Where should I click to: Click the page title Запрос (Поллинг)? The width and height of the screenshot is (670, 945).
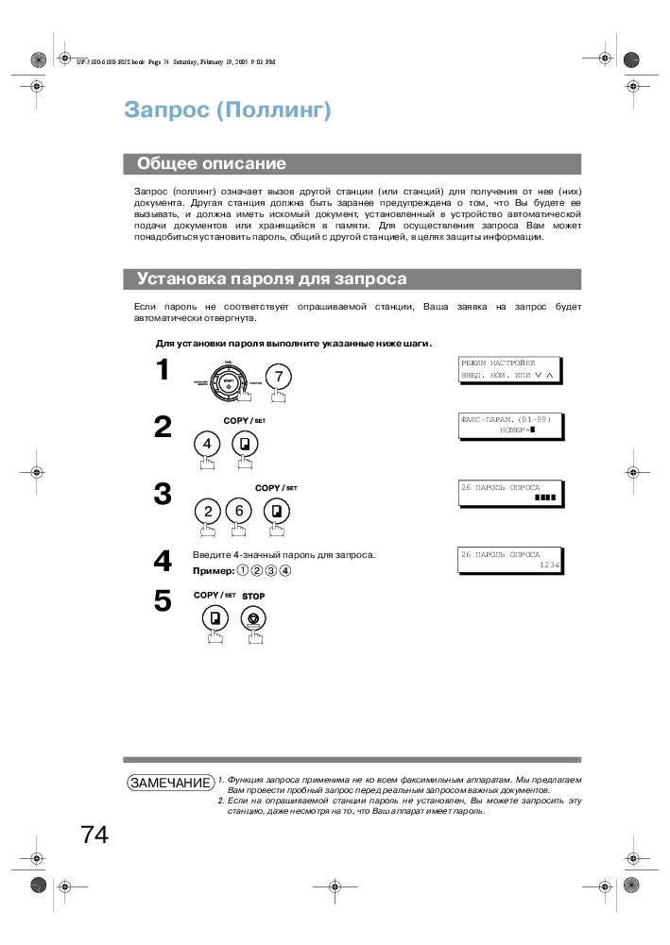[x=227, y=110]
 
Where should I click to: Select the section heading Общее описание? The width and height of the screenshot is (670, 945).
[x=212, y=163]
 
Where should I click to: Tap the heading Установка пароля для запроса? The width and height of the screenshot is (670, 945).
[x=272, y=278]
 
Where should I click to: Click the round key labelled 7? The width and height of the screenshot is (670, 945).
[x=278, y=376]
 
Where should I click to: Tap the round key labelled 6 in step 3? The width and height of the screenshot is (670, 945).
[x=239, y=511]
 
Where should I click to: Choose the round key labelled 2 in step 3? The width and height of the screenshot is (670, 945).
[x=207, y=511]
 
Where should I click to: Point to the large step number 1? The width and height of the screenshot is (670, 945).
[x=163, y=370]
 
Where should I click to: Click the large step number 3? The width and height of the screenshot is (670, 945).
[x=163, y=494]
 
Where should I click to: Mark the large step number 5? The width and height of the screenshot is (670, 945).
[x=163, y=601]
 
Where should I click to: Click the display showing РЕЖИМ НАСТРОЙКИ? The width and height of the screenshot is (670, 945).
[x=509, y=369]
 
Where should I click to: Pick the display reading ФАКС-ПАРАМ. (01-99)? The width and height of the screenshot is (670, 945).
[x=509, y=424]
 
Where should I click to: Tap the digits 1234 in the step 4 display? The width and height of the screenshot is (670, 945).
[x=549, y=565]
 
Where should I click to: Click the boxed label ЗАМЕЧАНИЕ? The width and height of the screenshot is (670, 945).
[x=170, y=784]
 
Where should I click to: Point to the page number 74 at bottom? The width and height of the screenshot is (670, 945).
[x=94, y=835]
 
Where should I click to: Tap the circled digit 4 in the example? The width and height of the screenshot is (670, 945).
[x=285, y=570]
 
